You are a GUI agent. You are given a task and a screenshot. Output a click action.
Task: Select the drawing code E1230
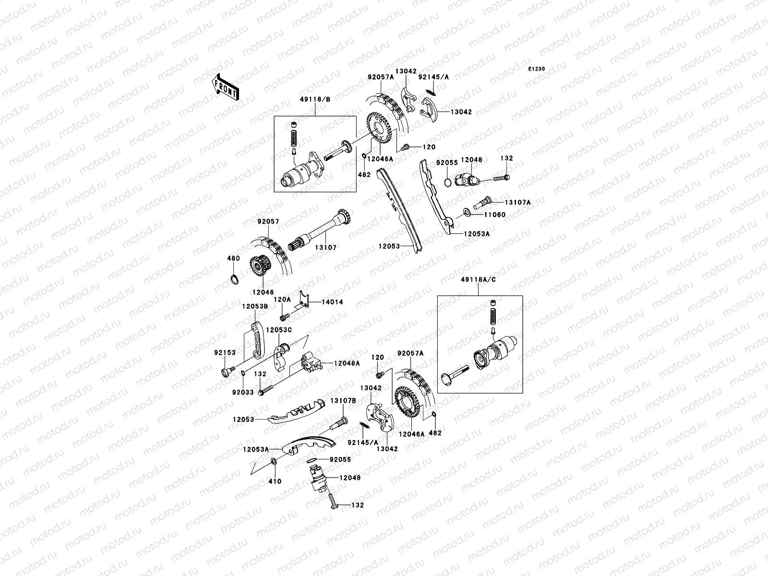pos(537,69)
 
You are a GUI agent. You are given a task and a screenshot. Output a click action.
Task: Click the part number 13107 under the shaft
pos(326,248)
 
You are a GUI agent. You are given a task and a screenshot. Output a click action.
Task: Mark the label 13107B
pos(343,400)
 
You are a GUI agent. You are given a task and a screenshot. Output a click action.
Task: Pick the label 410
pos(275,481)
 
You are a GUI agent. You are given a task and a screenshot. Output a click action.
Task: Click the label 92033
pos(242,392)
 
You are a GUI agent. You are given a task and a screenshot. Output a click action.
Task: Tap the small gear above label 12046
pos(259,269)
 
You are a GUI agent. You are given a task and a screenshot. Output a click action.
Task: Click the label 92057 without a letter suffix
pos(268,222)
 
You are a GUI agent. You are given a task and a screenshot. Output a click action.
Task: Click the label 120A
pos(282,299)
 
